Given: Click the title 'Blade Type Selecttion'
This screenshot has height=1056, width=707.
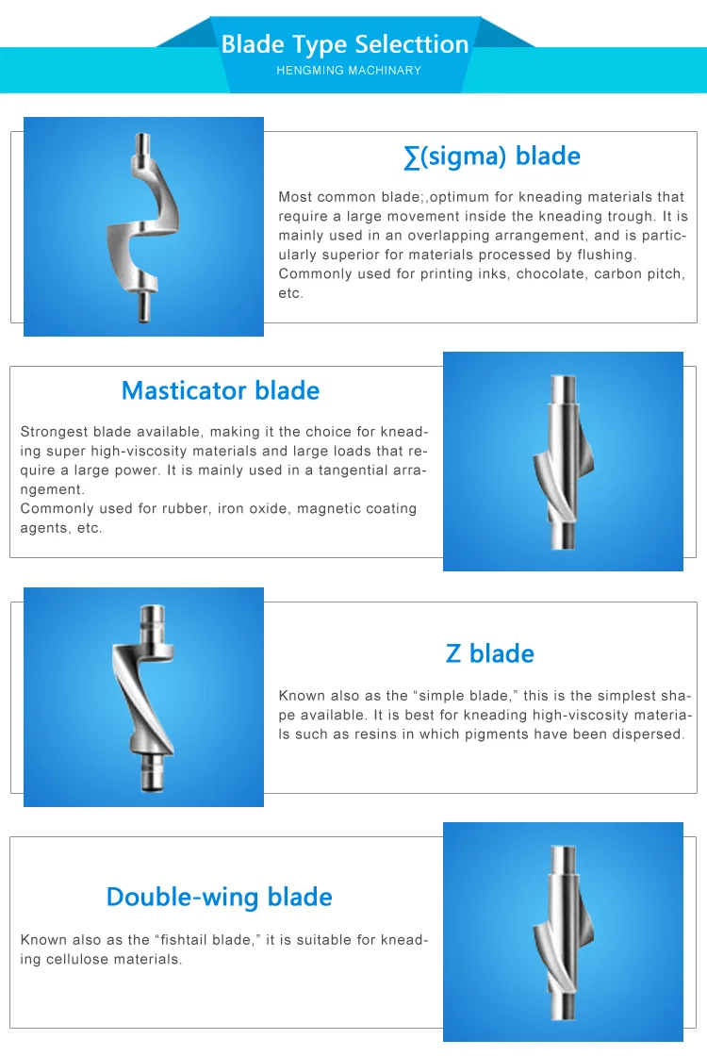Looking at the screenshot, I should [x=345, y=44].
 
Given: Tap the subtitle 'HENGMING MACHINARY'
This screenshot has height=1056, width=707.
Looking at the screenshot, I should [x=349, y=71].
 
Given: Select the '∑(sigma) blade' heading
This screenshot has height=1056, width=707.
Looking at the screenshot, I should [x=491, y=157].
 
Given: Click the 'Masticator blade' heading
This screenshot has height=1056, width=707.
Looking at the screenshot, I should [x=221, y=390].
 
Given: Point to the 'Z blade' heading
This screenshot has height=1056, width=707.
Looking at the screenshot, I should [x=489, y=653].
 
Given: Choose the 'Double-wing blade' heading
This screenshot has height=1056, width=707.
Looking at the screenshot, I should [x=219, y=896].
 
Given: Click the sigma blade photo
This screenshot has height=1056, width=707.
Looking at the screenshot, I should [x=143, y=226].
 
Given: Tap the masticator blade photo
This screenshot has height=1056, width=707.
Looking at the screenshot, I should [x=563, y=461].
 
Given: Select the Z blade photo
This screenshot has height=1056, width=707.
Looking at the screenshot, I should [x=143, y=697].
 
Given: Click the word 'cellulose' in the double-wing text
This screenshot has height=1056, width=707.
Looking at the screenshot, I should [x=83, y=959].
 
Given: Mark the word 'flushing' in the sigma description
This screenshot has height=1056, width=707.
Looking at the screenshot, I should [x=603, y=255].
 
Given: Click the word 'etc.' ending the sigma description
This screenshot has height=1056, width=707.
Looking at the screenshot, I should [x=290, y=293].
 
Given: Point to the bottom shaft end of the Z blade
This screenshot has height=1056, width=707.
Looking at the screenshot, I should [x=151, y=782].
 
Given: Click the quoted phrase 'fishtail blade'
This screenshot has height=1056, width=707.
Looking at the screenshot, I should [x=206, y=940].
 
